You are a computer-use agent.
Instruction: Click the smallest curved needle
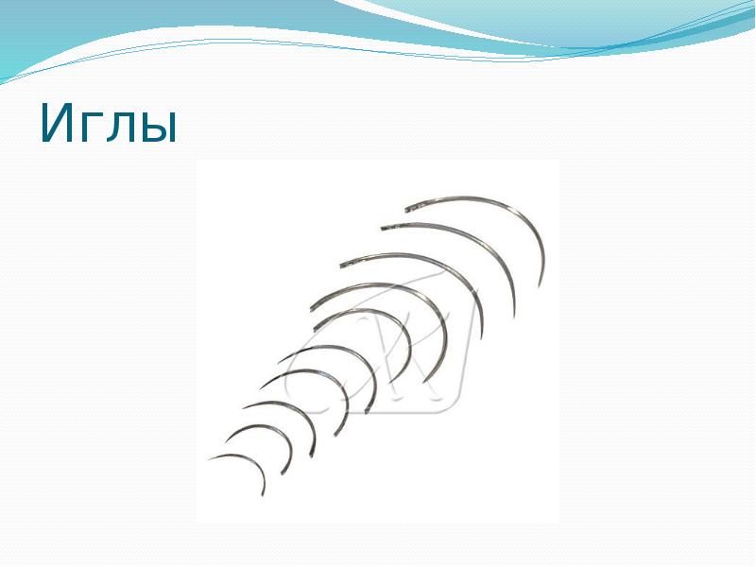[x=248, y=463]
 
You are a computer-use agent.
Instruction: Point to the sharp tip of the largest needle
[x=540, y=285]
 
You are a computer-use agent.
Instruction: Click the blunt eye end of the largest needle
[x=406, y=209]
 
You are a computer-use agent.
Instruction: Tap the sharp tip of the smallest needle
[x=264, y=494]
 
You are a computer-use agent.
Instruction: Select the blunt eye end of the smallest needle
[x=210, y=460]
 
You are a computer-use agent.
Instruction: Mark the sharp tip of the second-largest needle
[x=514, y=315]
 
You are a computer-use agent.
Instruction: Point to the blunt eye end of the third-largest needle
[x=340, y=264]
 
